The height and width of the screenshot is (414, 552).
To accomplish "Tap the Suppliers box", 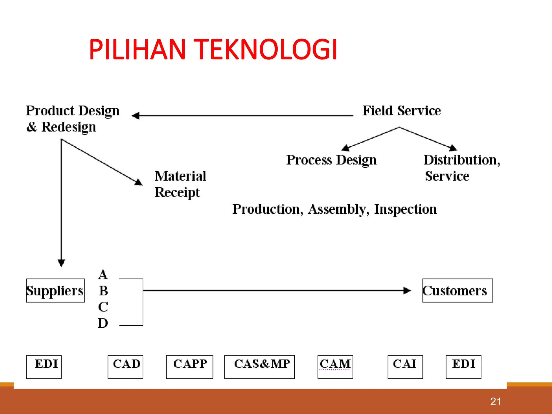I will (x=55, y=291).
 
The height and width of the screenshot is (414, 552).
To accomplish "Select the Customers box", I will (x=457, y=291).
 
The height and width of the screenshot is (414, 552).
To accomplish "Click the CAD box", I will (x=125, y=367).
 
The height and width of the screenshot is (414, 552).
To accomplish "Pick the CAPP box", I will (x=189, y=367).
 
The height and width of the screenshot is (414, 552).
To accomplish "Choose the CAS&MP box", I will (x=259, y=367).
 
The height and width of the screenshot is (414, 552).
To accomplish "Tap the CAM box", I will (x=335, y=367).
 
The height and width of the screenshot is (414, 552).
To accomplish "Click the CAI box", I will (x=405, y=367).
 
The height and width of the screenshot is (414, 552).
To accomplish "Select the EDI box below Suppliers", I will (x=44, y=367).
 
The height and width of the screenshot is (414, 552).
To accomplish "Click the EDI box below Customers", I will (x=463, y=367).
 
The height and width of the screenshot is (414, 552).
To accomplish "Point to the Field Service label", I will (x=401, y=111).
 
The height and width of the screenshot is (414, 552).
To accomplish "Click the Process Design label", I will (x=331, y=160).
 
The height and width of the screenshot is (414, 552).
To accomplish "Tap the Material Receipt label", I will (x=180, y=184).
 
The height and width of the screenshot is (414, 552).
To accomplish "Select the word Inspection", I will (x=405, y=209).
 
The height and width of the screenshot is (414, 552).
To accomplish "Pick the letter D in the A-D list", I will (x=103, y=323).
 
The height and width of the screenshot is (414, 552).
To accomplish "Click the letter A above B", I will (x=103, y=275).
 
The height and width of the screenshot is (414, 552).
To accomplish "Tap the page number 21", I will (x=495, y=402).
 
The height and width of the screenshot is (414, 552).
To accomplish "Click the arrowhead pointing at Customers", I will (x=407, y=291).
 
